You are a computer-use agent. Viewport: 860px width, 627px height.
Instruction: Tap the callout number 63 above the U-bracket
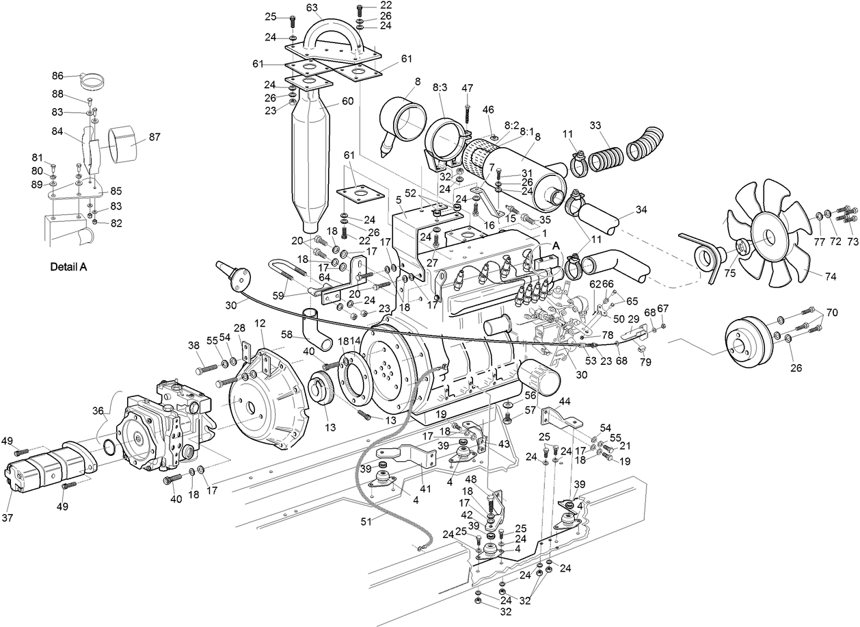pyautogui.click(x=312, y=8)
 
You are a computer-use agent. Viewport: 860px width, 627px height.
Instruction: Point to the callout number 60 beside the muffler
pyautogui.click(x=347, y=101)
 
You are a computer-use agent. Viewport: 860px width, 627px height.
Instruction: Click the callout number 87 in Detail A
pyautogui.click(x=154, y=137)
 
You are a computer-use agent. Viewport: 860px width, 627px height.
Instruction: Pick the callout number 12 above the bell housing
pyautogui.click(x=260, y=323)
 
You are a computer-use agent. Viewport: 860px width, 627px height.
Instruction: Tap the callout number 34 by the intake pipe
pyautogui.click(x=641, y=209)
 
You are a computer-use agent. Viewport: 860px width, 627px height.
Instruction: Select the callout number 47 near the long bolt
pyautogui.click(x=467, y=88)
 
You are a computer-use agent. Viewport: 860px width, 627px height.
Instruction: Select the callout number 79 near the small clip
pyautogui.click(x=646, y=361)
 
